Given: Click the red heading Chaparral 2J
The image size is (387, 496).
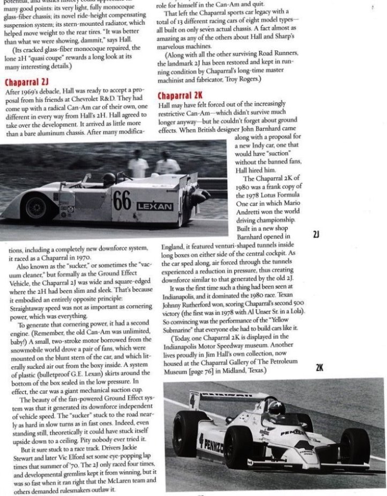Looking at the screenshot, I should (27, 83).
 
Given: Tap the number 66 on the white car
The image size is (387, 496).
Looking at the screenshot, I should (122, 201).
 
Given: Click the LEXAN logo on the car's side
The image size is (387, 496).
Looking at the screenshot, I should (154, 206).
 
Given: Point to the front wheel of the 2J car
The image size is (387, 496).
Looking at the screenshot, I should (36, 207).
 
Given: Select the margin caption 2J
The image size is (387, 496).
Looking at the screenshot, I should (316, 235).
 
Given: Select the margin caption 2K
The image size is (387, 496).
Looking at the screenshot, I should (319, 368).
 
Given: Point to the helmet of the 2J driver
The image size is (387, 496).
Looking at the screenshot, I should (109, 179).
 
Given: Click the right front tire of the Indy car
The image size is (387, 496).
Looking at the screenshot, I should (355, 445).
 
